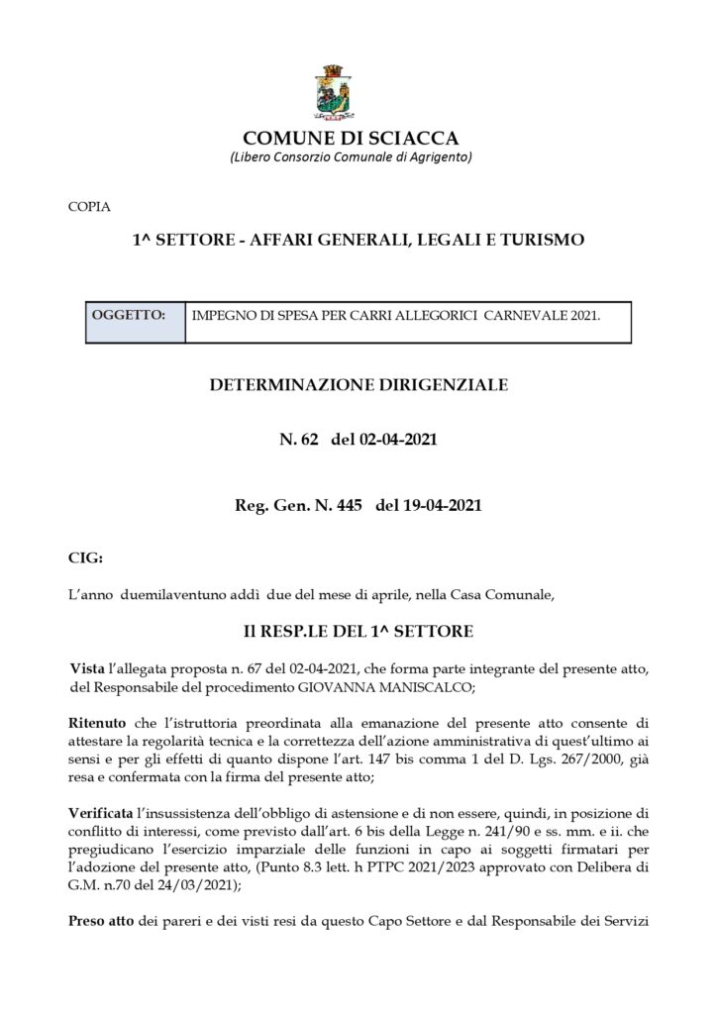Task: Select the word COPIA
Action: pos(89,207)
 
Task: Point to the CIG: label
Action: pos(85,558)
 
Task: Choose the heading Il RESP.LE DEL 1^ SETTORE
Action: pos(358,630)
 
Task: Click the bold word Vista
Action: pos(92,669)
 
